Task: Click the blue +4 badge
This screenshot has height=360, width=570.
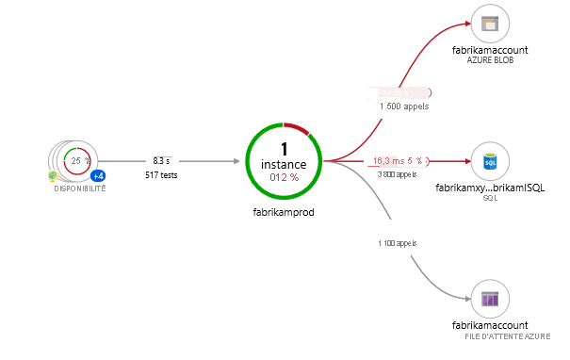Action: [x=97, y=176]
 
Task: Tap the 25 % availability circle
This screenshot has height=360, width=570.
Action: [x=76, y=161]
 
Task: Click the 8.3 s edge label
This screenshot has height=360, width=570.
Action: [x=162, y=161]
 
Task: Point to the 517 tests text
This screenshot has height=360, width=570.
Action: [x=162, y=175]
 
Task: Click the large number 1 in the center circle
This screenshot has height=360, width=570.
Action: [x=283, y=149]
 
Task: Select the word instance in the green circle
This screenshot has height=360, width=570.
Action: [x=283, y=164]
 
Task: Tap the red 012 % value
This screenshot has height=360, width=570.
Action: [x=283, y=177]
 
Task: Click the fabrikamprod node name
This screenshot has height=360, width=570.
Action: [x=284, y=212]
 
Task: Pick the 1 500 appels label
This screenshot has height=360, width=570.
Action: [x=404, y=106]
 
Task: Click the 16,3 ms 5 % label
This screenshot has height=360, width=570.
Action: [x=398, y=161]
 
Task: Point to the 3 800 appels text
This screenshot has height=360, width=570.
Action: [x=398, y=174]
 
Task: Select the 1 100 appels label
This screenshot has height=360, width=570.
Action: [x=397, y=242]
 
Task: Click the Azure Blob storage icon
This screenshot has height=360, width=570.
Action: [x=490, y=25]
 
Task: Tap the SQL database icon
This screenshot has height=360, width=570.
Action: [x=490, y=162]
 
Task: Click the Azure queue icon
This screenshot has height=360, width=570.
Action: [x=490, y=300]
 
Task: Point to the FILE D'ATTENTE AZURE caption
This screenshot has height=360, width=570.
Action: [x=507, y=336]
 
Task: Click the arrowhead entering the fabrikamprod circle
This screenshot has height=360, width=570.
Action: [x=238, y=162]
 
